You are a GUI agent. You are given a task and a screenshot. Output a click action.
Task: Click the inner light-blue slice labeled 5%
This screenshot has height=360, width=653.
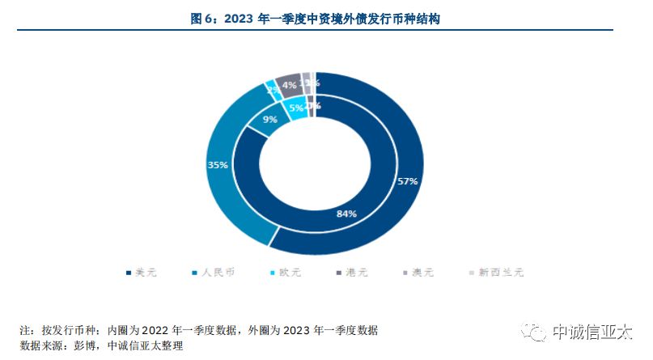(297, 107)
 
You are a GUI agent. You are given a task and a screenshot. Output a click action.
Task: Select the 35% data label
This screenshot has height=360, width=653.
(218, 165)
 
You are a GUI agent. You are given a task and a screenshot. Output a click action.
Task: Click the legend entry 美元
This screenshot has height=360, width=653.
(141, 273)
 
